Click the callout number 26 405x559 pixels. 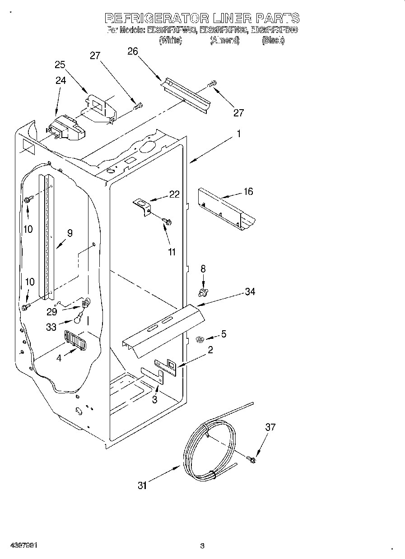pyautogui.click(x=132, y=51)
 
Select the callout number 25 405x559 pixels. pyautogui.click(x=61, y=65)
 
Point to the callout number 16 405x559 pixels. pyautogui.click(x=248, y=192)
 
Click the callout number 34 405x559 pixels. pyautogui.click(x=250, y=292)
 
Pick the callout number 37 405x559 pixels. pyautogui.click(x=270, y=427)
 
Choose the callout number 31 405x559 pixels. pyautogui.click(x=143, y=485)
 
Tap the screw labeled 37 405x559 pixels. pyautogui.click(x=251, y=459)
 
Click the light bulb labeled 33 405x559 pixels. pyautogui.click(x=78, y=319)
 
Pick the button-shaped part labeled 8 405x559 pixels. pyautogui.click(x=203, y=293)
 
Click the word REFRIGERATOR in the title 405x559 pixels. pyautogui.click(x=157, y=18)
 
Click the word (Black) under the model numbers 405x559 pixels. pyautogui.click(x=273, y=41)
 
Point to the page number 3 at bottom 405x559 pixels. pyautogui.click(x=202, y=546)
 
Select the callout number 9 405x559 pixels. pyautogui.click(x=70, y=233)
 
